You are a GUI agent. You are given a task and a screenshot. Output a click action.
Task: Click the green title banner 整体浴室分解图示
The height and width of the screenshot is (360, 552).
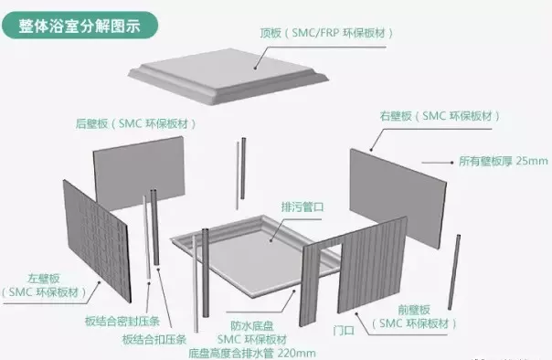click(x=80, y=26)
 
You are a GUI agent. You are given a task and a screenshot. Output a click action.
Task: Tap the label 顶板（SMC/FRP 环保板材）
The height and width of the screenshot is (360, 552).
click(x=326, y=33)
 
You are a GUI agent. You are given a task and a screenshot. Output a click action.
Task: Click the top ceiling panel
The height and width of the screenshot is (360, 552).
click(x=228, y=75)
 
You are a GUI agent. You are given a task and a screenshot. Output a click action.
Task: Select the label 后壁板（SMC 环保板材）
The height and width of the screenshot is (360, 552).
click(x=135, y=124)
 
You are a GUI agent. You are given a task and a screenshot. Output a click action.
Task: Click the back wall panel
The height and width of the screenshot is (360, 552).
click(x=139, y=173)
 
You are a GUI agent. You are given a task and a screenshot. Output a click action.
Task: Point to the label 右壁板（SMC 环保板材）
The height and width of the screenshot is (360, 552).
click(x=440, y=116)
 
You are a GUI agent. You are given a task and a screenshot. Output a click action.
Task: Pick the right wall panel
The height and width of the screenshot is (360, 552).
click(x=398, y=198)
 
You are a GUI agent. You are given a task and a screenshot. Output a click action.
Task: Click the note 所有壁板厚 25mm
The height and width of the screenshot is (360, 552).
click(x=503, y=161)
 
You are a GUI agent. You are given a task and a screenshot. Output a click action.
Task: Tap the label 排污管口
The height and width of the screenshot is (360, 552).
click(x=303, y=206)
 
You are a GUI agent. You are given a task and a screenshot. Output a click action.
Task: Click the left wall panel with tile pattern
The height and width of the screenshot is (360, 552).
click(x=97, y=240)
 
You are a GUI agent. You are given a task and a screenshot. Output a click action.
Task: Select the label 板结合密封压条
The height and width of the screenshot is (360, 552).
click(x=122, y=321)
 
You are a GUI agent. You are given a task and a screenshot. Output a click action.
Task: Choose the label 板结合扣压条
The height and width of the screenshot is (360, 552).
click(x=154, y=339)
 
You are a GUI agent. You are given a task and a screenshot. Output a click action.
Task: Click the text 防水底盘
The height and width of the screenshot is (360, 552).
click(x=252, y=326)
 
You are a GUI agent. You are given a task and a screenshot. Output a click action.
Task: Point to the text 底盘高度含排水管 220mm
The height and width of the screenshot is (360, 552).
click(x=252, y=353)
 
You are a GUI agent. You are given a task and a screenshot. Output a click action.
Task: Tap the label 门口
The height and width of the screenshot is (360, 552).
click(x=344, y=331)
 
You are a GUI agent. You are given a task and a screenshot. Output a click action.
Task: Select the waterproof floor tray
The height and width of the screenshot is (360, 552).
click(x=256, y=256)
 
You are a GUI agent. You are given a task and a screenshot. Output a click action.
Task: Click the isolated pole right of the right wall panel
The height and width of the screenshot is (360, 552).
click(x=454, y=272)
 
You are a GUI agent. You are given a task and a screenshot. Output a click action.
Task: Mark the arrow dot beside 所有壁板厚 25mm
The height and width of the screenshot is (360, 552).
click(x=452, y=163)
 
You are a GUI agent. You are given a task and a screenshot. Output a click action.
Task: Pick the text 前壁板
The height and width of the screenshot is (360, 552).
click(x=414, y=310)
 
